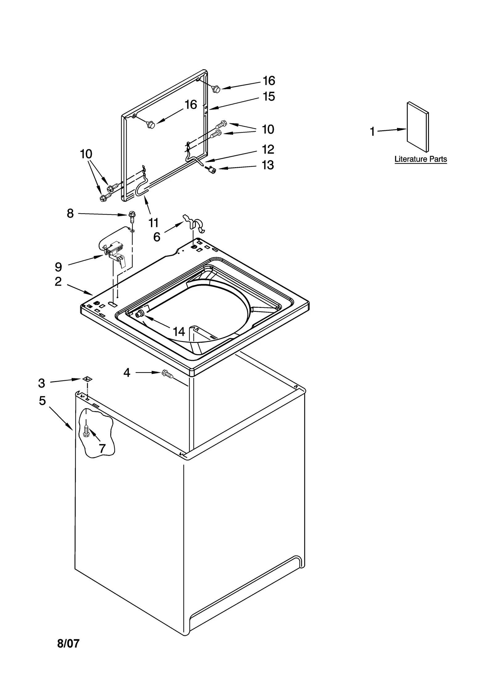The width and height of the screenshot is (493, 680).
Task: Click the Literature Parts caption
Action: pyautogui.click(x=420, y=159)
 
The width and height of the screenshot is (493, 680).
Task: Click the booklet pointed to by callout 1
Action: pyautogui.click(x=418, y=127)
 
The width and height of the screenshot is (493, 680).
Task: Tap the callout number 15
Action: pyautogui.click(x=268, y=97)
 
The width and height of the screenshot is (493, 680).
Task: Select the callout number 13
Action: pyautogui.click(x=267, y=165)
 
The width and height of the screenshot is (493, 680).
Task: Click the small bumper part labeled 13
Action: pyautogui.click(x=212, y=169)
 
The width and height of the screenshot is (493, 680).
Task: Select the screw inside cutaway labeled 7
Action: pyautogui.click(x=86, y=430)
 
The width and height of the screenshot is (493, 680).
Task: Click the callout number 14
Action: pyautogui.click(x=179, y=332)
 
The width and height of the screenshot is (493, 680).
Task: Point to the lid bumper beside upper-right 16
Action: pyautogui.click(x=216, y=89)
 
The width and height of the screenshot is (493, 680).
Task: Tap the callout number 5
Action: pyautogui.click(x=42, y=401)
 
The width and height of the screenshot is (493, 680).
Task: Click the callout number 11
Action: pyautogui.click(x=153, y=222)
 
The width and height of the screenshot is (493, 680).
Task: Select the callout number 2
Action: pyautogui.click(x=58, y=281)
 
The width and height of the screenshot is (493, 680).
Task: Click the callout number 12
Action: pyautogui.click(x=268, y=150)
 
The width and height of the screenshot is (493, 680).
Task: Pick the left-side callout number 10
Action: pyautogui.click(x=86, y=154)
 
